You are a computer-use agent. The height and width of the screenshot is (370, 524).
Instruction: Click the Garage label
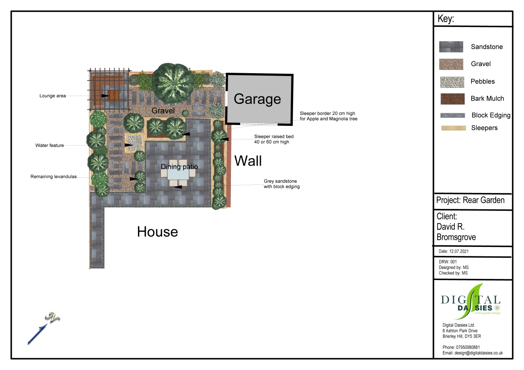click(257, 99)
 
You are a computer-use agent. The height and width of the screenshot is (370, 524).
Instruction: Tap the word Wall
click(248, 161)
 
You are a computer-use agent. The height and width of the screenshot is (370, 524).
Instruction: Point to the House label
click(158, 232)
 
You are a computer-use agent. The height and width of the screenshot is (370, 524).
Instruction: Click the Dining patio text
click(179, 166)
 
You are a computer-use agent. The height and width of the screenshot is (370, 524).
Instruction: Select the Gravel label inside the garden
click(163, 110)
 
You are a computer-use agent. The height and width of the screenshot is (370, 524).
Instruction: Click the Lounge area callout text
click(53, 96)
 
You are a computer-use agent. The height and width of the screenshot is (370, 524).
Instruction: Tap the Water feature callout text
click(50, 145)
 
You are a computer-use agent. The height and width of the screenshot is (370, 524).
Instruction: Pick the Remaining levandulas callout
click(54, 177)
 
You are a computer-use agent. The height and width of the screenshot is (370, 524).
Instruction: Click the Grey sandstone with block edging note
click(282, 184)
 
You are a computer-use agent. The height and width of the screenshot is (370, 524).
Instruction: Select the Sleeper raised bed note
click(274, 139)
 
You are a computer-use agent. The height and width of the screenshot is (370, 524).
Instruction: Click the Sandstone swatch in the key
click(451, 47)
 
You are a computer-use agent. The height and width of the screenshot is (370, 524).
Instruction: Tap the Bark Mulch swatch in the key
click(452, 99)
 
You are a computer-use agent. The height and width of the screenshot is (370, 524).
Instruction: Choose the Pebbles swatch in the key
click(452, 82)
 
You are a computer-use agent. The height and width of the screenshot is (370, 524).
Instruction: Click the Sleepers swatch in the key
click(453, 128)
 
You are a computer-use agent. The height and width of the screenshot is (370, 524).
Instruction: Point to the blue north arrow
click(37, 334)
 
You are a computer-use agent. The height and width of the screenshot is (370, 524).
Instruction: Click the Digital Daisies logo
click(470, 302)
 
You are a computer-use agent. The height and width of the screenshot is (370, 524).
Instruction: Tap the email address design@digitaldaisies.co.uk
click(479, 353)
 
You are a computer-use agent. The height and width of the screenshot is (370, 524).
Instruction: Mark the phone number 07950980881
click(468, 348)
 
